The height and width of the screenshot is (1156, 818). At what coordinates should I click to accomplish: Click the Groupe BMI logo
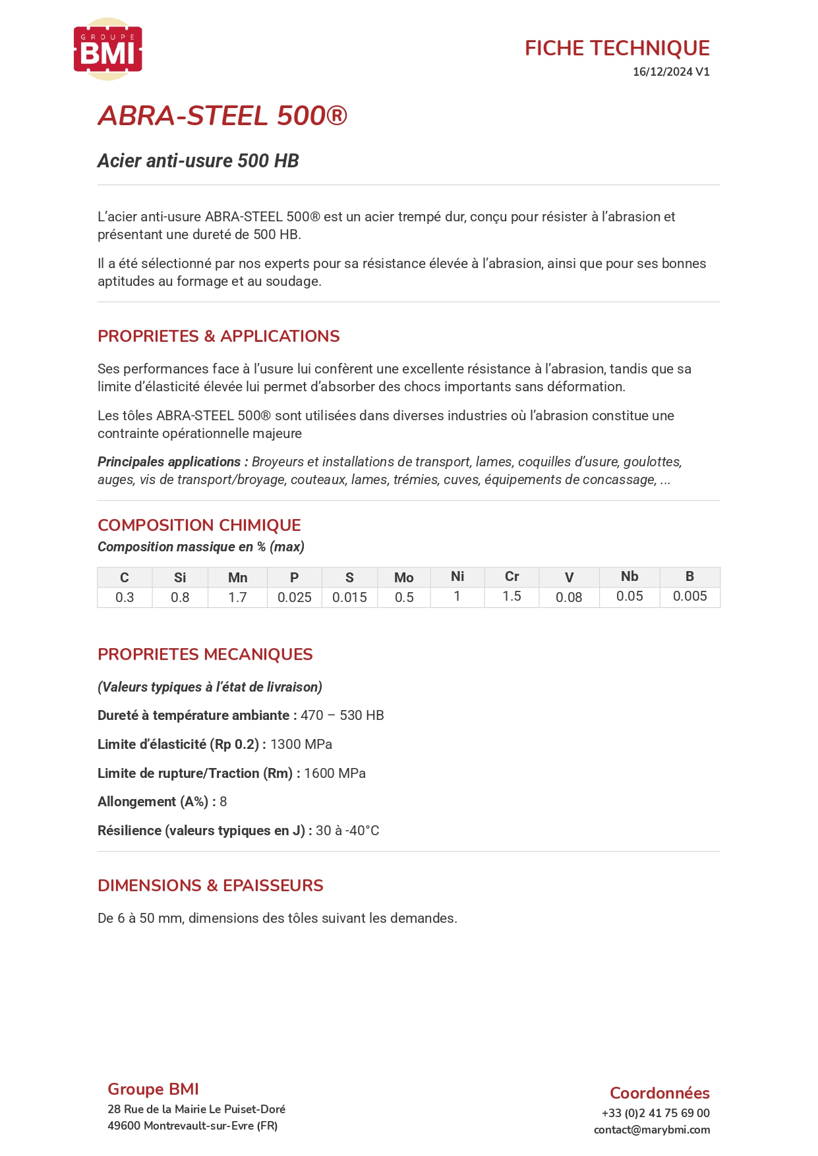pyautogui.click(x=107, y=49)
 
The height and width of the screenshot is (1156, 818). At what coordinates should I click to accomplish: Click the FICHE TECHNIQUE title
pyautogui.click(x=616, y=48)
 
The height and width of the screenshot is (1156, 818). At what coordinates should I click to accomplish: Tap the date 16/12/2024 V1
pyautogui.click(x=670, y=72)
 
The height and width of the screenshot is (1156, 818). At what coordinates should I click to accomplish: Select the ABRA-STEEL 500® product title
pyautogui.click(x=222, y=116)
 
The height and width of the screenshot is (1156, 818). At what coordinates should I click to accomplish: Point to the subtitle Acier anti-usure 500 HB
pyautogui.click(x=198, y=161)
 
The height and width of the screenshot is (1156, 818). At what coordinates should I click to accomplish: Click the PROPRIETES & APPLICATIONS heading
pyautogui.click(x=218, y=336)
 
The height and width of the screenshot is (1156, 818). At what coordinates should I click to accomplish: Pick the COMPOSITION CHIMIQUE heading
pyautogui.click(x=199, y=525)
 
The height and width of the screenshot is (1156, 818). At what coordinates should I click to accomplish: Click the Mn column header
pyautogui.click(x=237, y=578)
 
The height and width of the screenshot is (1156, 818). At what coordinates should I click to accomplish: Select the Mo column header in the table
pyautogui.click(x=403, y=578)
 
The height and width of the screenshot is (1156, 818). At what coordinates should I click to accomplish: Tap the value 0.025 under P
pyautogui.click(x=294, y=597)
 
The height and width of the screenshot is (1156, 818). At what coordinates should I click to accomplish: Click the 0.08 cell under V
pyautogui.click(x=568, y=597)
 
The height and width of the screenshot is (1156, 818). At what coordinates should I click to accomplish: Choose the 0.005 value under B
pyautogui.click(x=689, y=596)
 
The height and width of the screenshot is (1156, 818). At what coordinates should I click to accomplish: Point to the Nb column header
pyautogui.click(x=629, y=576)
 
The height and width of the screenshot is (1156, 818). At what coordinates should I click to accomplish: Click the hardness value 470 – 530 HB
pyautogui.click(x=342, y=715)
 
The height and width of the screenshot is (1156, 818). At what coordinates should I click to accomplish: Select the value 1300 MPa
pyautogui.click(x=301, y=744)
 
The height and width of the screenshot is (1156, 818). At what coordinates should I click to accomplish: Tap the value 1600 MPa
pyautogui.click(x=335, y=773)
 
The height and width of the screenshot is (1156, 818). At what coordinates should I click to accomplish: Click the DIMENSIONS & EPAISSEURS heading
pyautogui.click(x=210, y=885)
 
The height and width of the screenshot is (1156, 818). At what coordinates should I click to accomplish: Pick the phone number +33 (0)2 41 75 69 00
pyautogui.click(x=655, y=1113)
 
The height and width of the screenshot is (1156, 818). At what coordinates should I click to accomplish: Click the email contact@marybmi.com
pyautogui.click(x=651, y=1130)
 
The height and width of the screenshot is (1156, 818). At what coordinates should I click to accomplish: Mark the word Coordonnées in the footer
pyautogui.click(x=659, y=1093)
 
